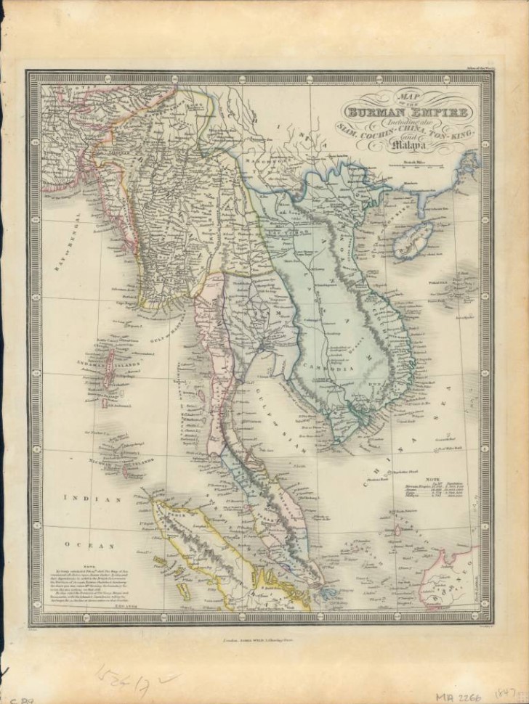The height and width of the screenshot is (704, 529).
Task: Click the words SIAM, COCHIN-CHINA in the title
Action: click(x=378, y=137)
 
